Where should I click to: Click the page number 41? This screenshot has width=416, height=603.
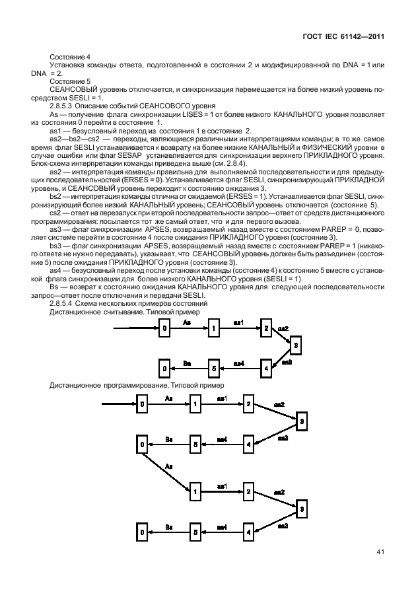(380, 552)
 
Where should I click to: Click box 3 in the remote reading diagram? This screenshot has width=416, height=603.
(296, 345)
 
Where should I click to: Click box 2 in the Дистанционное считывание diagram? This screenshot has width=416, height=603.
(265, 327)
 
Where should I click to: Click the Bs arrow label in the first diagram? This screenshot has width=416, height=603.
(187, 363)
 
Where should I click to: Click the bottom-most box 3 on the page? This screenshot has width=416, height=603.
(302, 509)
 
